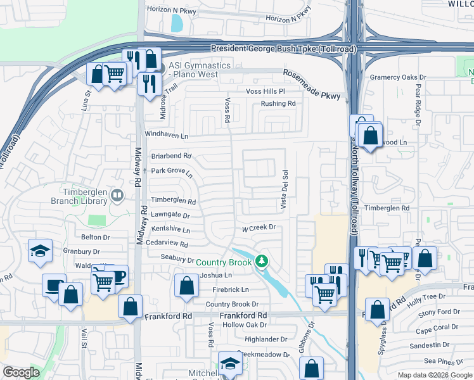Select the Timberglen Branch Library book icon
point(117,196)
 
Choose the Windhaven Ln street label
point(167,135)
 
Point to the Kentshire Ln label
point(170,230)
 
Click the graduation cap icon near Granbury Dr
point(40,250)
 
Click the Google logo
point(21,372)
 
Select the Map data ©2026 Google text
point(435,375)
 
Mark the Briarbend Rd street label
point(171,156)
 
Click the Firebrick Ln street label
point(231,289)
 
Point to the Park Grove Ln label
point(171,172)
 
